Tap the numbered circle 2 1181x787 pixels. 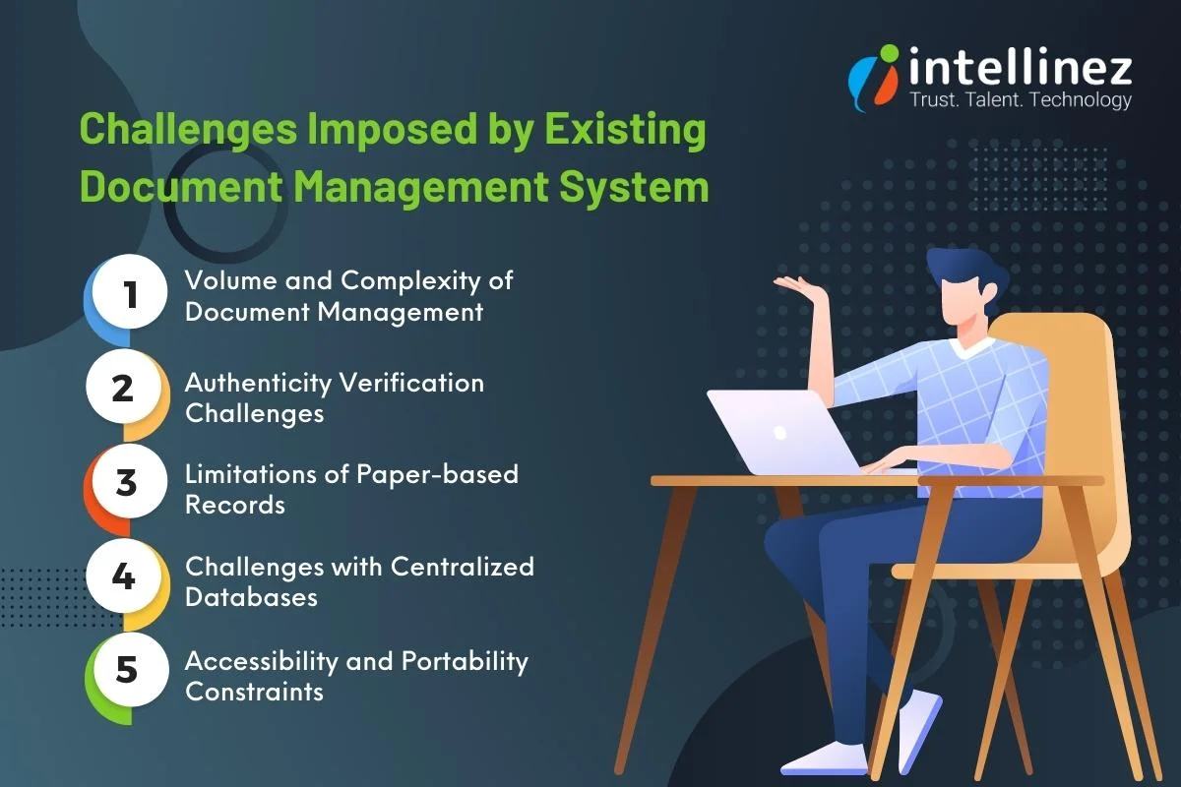[x=123, y=388]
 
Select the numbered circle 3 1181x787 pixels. [x=125, y=482]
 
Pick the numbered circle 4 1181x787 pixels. [x=123, y=575]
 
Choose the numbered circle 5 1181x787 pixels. [x=126, y=669]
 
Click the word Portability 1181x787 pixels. [x=465, y=661]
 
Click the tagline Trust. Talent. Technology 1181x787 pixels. [x=1021, y=100]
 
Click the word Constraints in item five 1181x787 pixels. [x=254, y=692]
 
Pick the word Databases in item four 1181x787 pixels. [x=251, y=597]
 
